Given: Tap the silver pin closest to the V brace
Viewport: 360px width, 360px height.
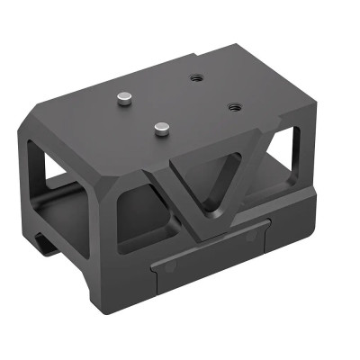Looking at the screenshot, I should (163, 128).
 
